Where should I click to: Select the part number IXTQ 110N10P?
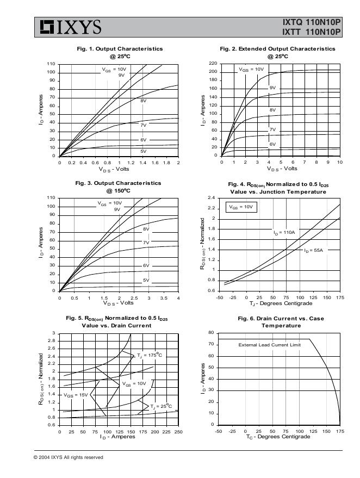tap(312, 23)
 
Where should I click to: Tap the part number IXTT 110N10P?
tap(312, 32)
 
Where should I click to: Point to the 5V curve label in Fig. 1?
tap(144, 151)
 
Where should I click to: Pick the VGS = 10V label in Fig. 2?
tap(251, 70)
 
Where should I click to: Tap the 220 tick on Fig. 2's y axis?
tap(213, 64)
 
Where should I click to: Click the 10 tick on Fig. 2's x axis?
tap(339, 162)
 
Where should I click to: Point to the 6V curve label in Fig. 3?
tap(146, 265)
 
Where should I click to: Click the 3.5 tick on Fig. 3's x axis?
tap(163, 298)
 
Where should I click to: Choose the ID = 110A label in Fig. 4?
tap(284, 232)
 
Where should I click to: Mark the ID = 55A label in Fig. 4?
tap(313, 250)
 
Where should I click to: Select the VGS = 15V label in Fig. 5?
tap(75, 395)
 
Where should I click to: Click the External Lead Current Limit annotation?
tap(269, 345)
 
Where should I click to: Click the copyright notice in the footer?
tap(68, 457)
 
